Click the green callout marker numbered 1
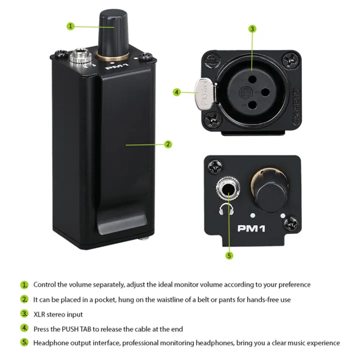click(x=71, y=26)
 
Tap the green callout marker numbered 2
click(x=168, y=144)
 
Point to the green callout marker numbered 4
click(x=176, y=92)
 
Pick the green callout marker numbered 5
click(x=229, y=255)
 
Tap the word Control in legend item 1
click(x=44, y=284)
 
